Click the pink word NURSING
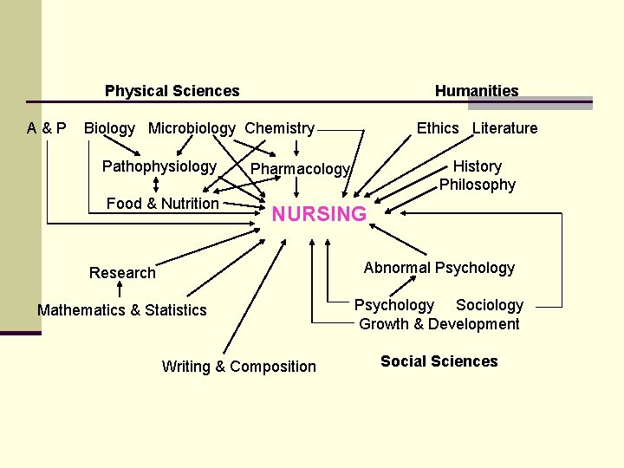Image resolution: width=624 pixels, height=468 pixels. pos(319,214)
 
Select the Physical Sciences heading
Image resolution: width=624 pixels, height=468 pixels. pos(172,91)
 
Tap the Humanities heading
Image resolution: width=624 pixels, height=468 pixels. pos(477,91)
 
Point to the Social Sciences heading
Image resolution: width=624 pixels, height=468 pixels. pos(439,361)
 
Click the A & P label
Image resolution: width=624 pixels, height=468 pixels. pos(46,128)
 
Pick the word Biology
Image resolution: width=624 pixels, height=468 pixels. pos(109,128)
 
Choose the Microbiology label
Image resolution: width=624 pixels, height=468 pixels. pos(192,128)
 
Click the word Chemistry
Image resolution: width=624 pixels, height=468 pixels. pos(279,128)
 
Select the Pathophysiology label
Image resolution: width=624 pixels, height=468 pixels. pos(159,166)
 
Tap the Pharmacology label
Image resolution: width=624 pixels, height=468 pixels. pos(300,169)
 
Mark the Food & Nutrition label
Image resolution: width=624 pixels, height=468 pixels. pos(162,204)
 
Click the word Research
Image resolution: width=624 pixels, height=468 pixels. pos(122,273)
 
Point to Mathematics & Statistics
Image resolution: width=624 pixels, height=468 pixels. pos(122,310)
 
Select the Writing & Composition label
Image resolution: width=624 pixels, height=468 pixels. pos(238,367)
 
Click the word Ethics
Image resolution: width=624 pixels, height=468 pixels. pos(438,128)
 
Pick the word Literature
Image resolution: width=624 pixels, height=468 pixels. pos(504,128)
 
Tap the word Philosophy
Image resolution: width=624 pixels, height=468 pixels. pos(477,185)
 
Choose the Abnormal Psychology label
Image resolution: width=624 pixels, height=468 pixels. pos(439,268)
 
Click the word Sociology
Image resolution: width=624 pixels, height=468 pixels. pos(490,305)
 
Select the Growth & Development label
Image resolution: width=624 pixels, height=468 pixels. pos(439,324)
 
